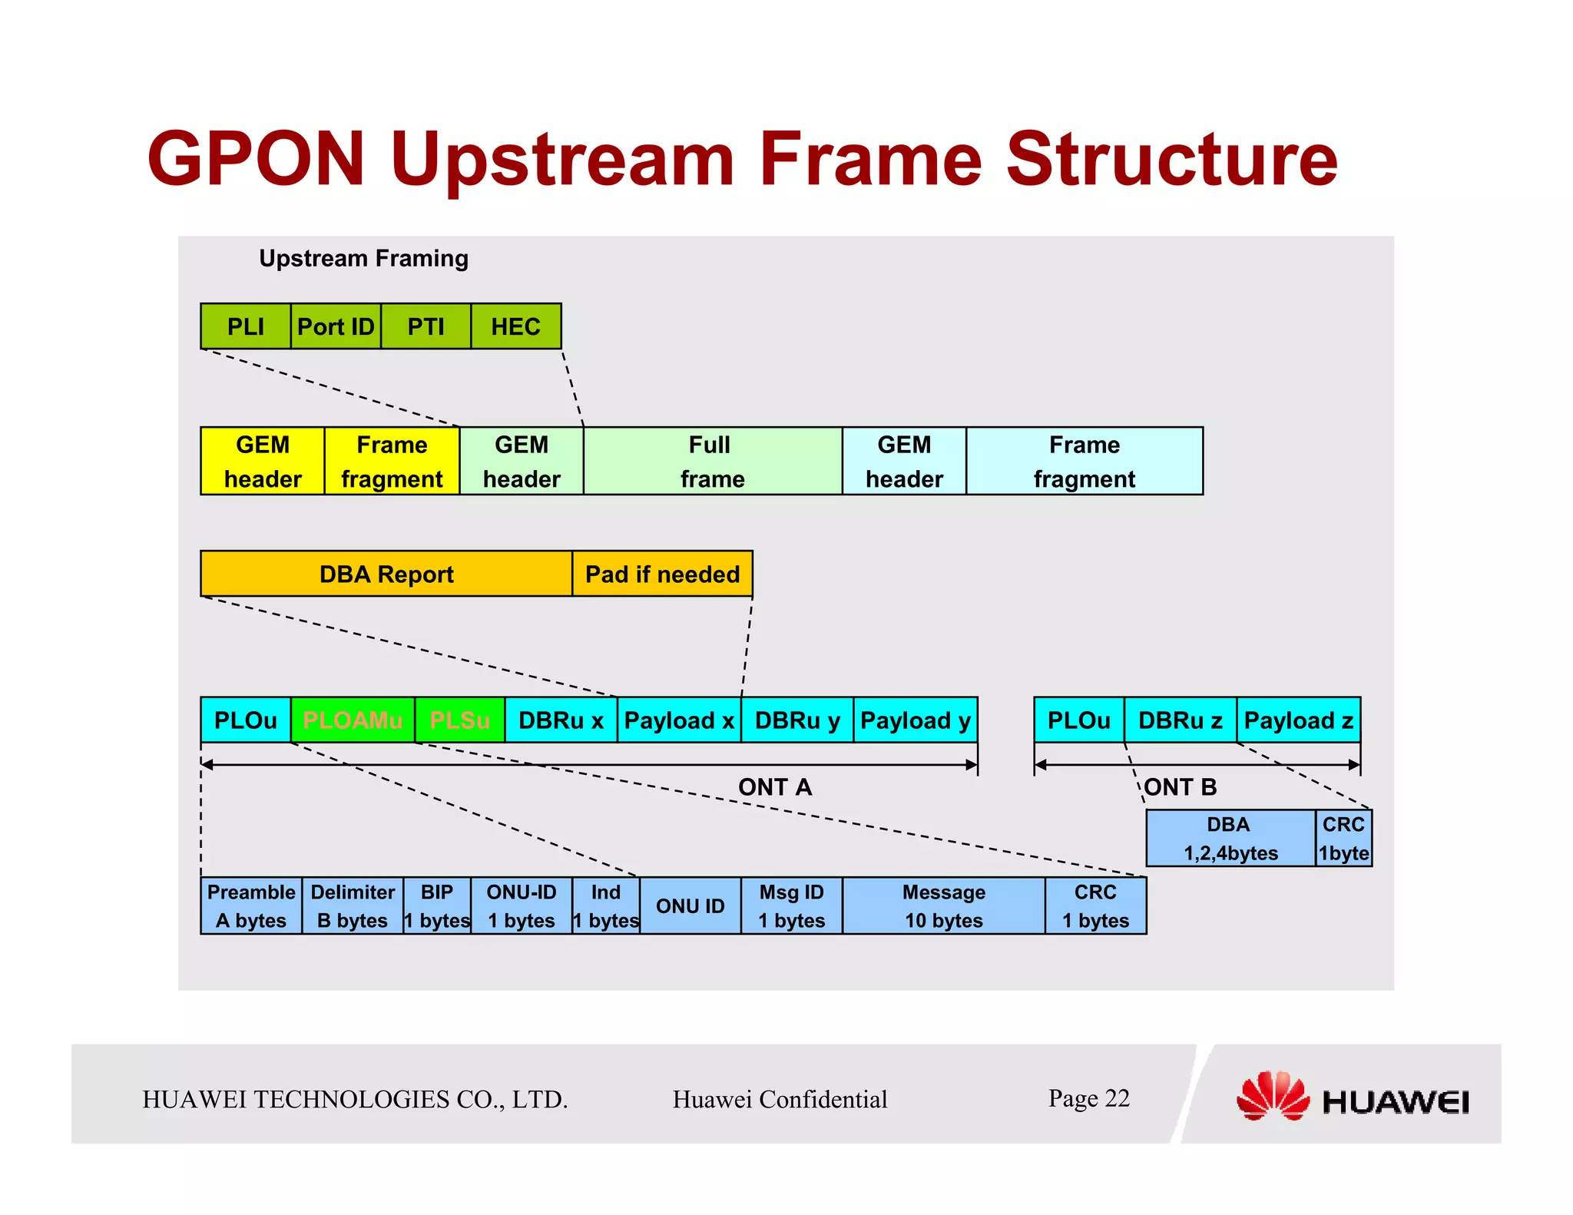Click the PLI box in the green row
[245, 326]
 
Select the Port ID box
[336, 326]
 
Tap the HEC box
[515, 326]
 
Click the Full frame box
[712, 461]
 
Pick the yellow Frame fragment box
[392, 461]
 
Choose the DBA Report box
[386, 574]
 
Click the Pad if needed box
[662, 574]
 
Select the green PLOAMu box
[353, 720]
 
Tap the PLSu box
[459, 720]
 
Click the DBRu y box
[797, 720]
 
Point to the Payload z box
[1298, 720]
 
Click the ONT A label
[774, 787]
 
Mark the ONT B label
[1181, 787]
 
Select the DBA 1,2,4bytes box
[1230, 838]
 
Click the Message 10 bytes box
[943, 905]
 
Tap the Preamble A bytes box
[251, 905]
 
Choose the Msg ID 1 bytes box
[791, 905]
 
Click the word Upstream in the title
[562, 160]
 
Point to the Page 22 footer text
[1088, 1098]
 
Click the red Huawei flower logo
[1273, 1096]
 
